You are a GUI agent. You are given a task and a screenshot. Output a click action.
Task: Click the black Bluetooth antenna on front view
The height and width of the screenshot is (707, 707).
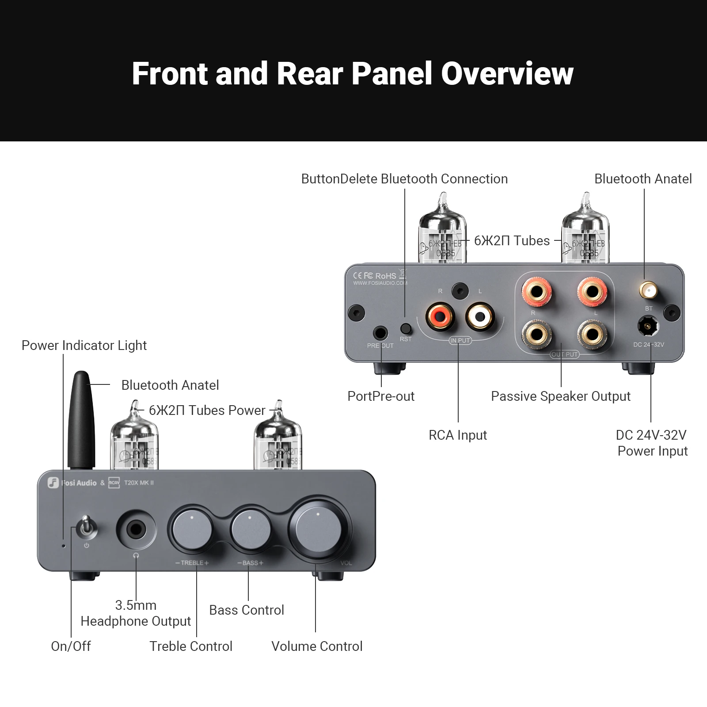(81, 420)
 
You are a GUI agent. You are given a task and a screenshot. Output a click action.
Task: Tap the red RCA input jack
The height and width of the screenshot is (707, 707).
(440, 316)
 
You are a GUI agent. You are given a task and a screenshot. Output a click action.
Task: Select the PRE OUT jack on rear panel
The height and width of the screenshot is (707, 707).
(380, 333)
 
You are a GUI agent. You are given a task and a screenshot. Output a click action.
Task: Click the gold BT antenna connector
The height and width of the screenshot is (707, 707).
(648, 291)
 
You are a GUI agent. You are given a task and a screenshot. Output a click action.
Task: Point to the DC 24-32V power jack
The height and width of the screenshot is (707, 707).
(647, 327)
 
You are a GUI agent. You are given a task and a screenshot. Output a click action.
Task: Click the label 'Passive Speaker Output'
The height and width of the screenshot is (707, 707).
(560, 396)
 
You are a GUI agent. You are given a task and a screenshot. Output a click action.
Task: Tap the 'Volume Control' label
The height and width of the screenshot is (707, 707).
(317, 646)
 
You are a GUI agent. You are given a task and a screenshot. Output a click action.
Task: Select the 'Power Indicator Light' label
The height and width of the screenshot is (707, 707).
(84, 346)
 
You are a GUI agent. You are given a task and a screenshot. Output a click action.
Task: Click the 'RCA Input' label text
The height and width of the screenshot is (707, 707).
(458, 435)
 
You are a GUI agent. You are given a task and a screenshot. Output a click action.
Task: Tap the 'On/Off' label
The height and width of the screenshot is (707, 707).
(71, 646)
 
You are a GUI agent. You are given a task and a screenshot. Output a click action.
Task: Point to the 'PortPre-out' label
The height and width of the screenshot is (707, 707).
(381, 396)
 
